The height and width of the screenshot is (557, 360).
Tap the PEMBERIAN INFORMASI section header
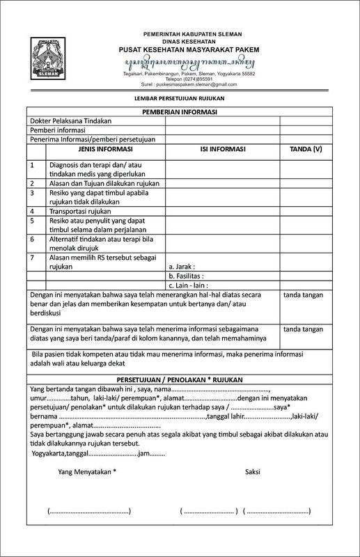180,111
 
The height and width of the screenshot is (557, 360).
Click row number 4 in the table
32,210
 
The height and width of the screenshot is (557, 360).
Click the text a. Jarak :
182,266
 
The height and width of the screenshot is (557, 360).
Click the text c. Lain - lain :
189,285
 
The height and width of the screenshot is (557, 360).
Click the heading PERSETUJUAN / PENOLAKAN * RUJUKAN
180,378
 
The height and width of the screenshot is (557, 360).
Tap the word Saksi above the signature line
252,471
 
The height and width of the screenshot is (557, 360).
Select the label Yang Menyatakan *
88,471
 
